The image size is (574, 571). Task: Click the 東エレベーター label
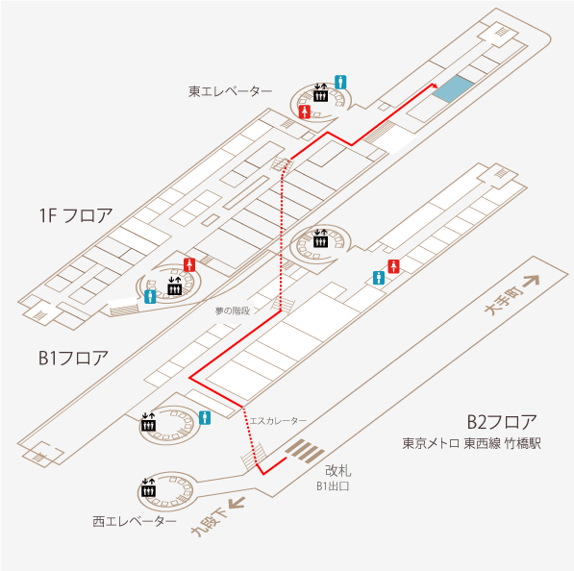[230, 91]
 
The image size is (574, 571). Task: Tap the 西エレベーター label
[135, 521]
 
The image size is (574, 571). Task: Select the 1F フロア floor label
[76, 215]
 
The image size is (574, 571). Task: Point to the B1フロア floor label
[73, 358]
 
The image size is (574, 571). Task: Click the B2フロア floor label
[502, 422]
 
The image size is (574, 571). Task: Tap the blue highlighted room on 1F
[453, 89]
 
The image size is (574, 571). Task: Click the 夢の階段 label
[233, 310]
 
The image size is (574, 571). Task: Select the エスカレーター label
[278, 421]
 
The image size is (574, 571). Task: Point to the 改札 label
[337, 470]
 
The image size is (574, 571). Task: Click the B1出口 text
[333, 486]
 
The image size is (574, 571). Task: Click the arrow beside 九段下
[237, 503]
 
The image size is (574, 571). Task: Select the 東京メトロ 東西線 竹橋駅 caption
[471, 443]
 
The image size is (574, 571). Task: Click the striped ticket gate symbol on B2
[306, 451]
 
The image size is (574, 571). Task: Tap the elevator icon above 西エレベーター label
[148, 487]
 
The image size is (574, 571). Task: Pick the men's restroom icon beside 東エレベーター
[340, 82]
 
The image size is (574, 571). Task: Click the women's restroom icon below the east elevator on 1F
[305, 112]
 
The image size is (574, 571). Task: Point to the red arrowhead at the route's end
[435, 86]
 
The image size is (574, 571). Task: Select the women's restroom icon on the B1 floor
[393, 266]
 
